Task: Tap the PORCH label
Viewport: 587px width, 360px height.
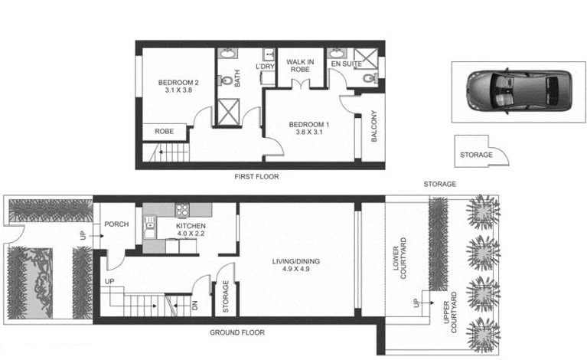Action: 117,224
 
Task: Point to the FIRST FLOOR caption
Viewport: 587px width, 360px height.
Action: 256,177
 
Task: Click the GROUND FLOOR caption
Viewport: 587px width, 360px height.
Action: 236,333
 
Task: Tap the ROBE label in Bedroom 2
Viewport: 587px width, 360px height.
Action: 165,132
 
